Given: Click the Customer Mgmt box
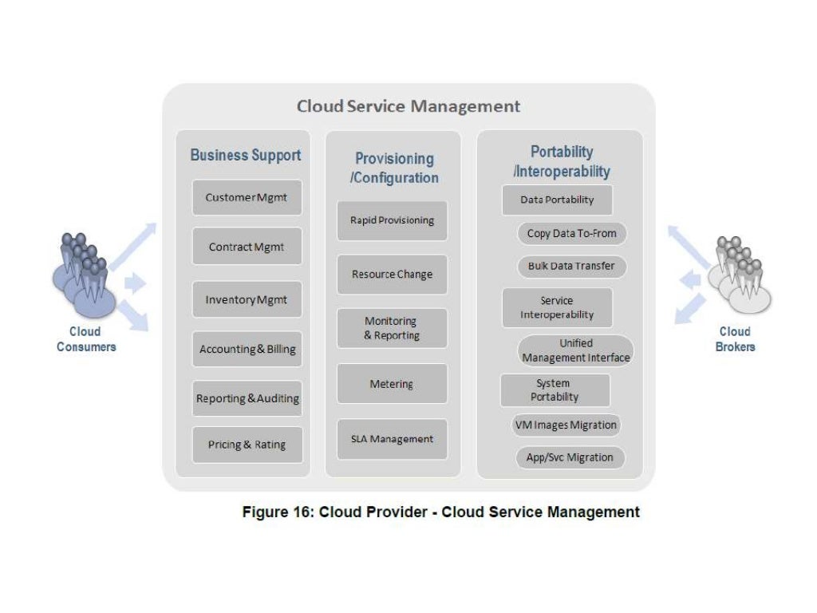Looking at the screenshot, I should pos(247,197).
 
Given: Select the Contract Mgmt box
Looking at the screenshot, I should pos(247,247).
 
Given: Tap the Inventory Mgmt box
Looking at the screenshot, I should pos(247,300).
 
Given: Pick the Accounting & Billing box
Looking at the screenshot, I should pos(247,350).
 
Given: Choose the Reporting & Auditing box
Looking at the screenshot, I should pos(247,398).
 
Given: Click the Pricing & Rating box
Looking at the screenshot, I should pos(247,445).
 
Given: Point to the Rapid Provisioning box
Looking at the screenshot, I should pos(392,220).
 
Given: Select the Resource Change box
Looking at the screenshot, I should pos(392,274).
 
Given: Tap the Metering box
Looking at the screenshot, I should pos(392,384).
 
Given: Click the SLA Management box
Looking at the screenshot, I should pos(392,439).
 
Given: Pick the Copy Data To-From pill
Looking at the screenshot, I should pos(571,234).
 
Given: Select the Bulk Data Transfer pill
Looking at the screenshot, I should pos(571,266).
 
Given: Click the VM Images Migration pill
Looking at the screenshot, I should pos(566,425).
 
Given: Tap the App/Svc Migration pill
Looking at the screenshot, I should pos(570,457).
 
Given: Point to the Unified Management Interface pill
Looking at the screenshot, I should pos(575,350).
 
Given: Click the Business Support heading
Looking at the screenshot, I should pos(245,155).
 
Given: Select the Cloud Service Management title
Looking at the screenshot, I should pos(408,106).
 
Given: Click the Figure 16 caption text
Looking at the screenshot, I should pos(440,512).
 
